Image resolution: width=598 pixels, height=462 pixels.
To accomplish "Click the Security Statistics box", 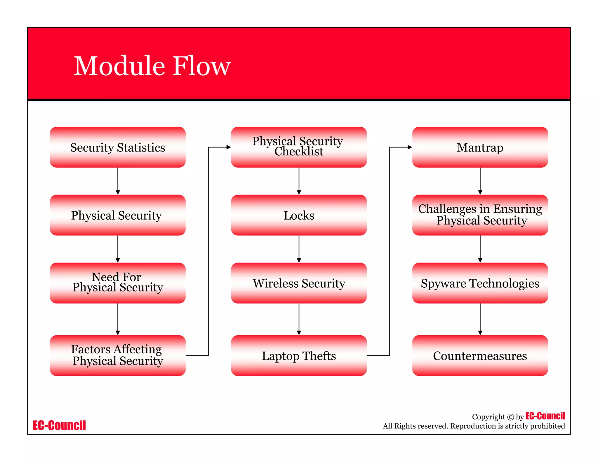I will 118,147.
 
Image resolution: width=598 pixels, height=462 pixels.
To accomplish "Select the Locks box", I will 299,215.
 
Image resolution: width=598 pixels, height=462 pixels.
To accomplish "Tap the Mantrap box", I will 480,147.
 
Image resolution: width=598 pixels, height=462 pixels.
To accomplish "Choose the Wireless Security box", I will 299,283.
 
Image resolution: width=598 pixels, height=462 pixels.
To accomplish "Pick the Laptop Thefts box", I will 299,355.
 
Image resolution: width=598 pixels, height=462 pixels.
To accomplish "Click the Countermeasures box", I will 480,355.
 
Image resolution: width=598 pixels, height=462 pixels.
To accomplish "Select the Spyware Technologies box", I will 480,283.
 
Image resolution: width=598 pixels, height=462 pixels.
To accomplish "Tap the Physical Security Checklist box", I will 299,147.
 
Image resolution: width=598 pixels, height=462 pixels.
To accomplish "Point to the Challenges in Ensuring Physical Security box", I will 480,215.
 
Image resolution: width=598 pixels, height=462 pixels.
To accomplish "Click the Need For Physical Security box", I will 118,283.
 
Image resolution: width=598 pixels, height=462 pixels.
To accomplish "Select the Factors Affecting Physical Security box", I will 118,355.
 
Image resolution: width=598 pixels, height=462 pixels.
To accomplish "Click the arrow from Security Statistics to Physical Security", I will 118,181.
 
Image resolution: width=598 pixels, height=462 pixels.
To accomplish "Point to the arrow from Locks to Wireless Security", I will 299,249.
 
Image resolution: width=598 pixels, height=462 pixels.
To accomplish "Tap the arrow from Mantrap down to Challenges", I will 480,181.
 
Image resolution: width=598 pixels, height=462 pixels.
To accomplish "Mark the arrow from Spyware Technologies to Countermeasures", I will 480,319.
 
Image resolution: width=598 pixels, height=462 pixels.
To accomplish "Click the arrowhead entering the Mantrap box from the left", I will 410,147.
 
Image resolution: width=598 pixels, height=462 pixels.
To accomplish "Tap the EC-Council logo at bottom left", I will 59,425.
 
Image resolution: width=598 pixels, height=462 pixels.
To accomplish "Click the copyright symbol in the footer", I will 510,417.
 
